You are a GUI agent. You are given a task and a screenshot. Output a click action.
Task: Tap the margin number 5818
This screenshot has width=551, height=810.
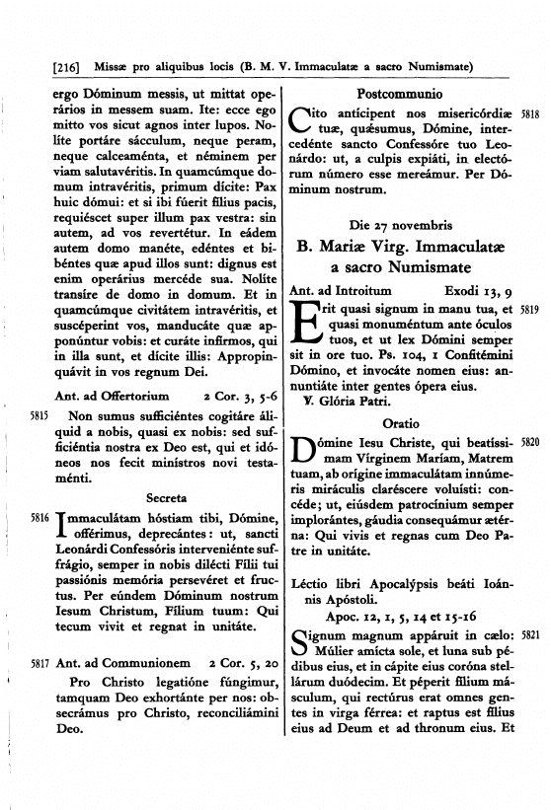530,114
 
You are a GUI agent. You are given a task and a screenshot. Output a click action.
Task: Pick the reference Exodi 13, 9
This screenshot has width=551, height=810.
478,290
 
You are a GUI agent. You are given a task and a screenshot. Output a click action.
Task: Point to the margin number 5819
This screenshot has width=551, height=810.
530,310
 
